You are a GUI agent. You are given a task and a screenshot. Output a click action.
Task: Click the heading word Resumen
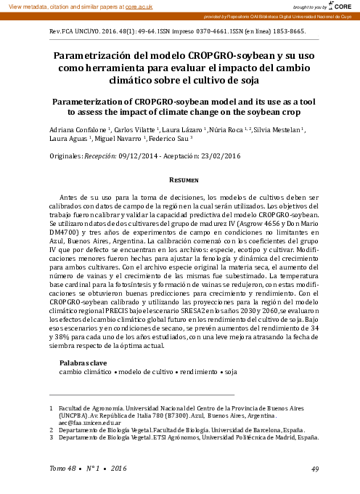(180, 179)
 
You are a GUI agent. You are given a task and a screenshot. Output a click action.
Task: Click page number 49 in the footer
(315, 468)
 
